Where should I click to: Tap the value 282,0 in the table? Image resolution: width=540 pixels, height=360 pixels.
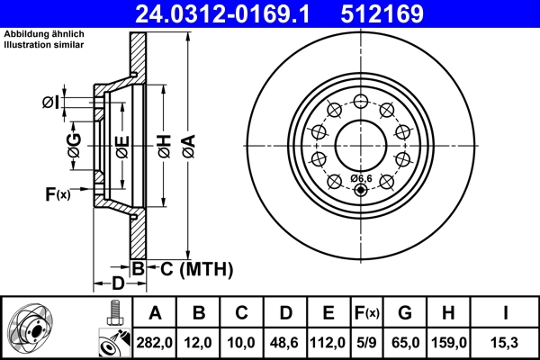click(156, 343)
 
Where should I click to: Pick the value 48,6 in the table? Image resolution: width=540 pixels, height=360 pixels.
click(285, 343)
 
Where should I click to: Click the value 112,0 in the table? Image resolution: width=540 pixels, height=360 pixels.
click(328, 343)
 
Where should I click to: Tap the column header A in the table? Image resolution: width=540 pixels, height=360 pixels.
click(156, 313)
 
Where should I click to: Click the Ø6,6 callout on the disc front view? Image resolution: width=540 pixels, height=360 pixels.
click(362, 178)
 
